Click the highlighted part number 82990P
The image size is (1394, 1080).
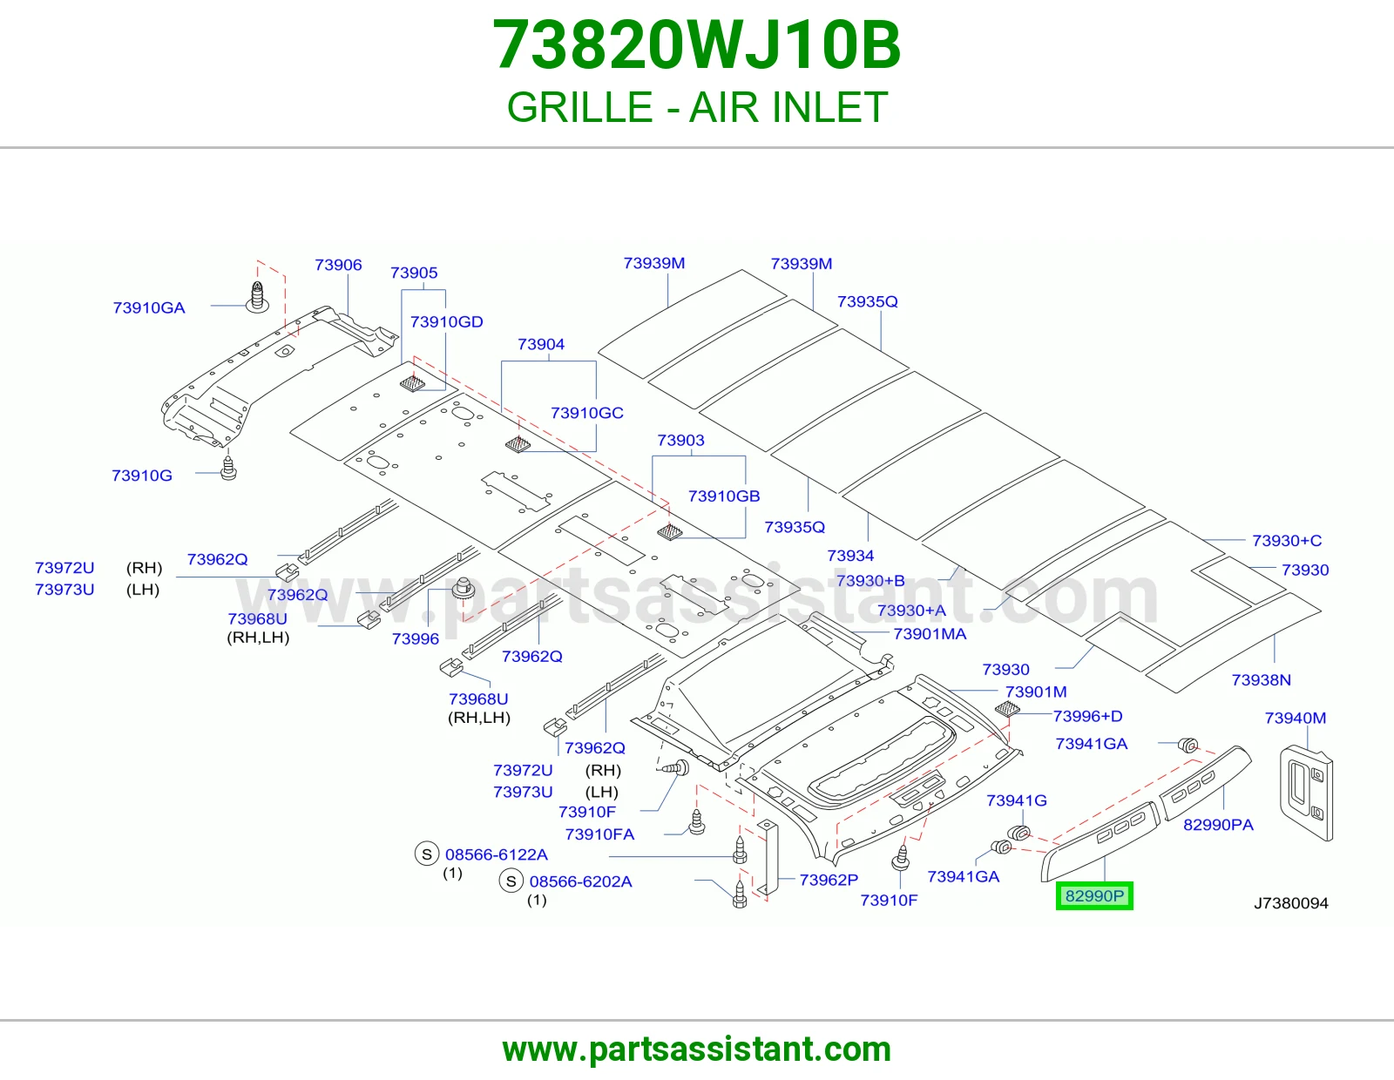[x=1094, y=896]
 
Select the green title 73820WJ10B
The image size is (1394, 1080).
[x=697, y=45]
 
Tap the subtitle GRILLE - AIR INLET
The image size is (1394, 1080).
[x=697, y=107]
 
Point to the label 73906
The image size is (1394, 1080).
[x=338, y=265]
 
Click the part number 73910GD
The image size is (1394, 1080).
[x=446, y=322]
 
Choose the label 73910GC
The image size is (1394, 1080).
[x=587, y=413]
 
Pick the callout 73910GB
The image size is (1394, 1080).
[x=724, y=496]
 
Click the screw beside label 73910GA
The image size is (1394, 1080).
[x=257, y=297]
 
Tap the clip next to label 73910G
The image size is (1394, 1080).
[x=228, y=469]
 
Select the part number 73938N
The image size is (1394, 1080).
[x=1262, y=680]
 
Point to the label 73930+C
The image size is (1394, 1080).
[x=1287, y=541]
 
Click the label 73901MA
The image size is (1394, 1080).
[x=930, y=634]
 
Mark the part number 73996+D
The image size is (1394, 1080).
[x=1088, y=716]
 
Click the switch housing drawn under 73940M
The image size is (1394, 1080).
[x=1306, y=793]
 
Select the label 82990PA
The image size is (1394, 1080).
[x=1218, y=825]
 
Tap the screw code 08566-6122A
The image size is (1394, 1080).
[x=497, y=855]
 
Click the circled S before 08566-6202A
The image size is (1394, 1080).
[x=511, y=881]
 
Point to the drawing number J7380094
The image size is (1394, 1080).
[x=1290, y=904]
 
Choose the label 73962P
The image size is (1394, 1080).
[x=829, y=880]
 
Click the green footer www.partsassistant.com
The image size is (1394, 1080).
[x=697, y=1050]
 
